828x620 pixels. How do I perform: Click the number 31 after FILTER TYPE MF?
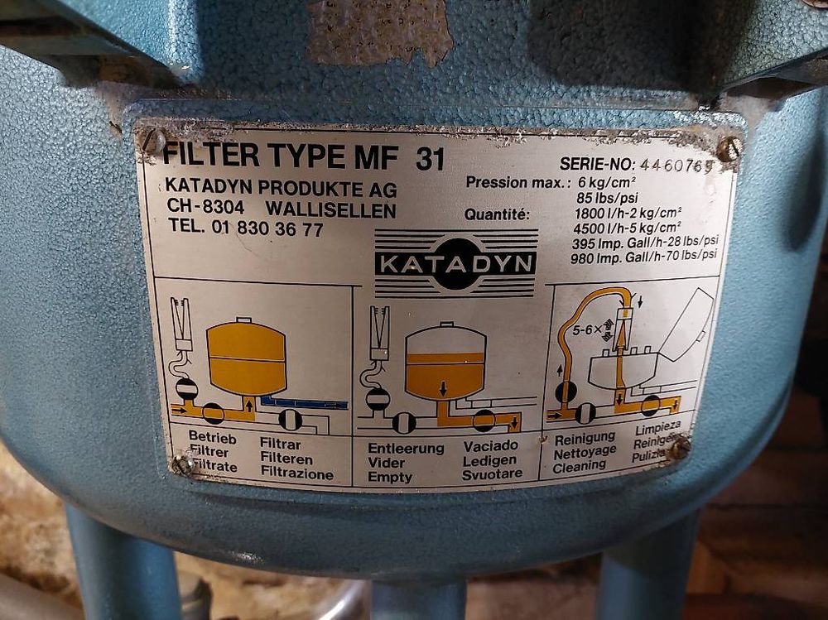tap(430, 158)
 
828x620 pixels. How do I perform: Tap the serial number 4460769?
tap(676, 166)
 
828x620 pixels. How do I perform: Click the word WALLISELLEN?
tap(330, 209)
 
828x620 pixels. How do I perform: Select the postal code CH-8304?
tap(205, 207)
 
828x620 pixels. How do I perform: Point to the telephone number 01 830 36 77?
tap(267, 228)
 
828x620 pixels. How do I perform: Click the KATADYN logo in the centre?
tap(455, 262)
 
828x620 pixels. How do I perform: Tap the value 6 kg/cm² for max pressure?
tap(607, 183)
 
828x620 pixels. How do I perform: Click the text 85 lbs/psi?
tap(607, 199)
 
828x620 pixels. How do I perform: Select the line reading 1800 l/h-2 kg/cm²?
tap(628, 214)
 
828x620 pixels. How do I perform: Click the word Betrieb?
tap(212, 437)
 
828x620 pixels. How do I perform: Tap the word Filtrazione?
tap(297, 473)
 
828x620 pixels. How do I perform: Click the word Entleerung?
tap(406, 449)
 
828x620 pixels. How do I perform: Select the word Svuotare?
tap(492, 473)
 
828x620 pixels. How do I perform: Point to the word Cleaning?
tap(580, 465)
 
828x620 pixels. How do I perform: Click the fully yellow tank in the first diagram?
tap(247, 357)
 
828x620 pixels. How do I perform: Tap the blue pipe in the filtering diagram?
tap(304, 402)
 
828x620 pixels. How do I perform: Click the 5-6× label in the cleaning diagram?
tap(587, 330)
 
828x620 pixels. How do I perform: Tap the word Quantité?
tap(496, 215)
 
